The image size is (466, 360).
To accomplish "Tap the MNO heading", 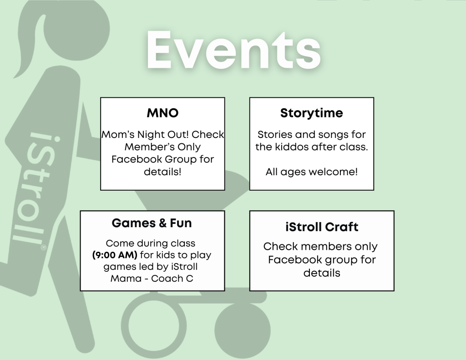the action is click(x=162, y=113).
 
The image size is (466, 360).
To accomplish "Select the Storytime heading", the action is click(x=311, y=113).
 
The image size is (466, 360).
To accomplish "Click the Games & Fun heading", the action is click(x=152, y=223).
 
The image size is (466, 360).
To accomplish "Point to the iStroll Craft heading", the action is click(x=322, y=227).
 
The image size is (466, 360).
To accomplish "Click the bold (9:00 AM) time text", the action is click(x=115, y=255).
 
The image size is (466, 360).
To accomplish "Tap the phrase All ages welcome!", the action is click(x=311, y=172).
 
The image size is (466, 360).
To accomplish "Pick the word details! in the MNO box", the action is click(x=162, y=172).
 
